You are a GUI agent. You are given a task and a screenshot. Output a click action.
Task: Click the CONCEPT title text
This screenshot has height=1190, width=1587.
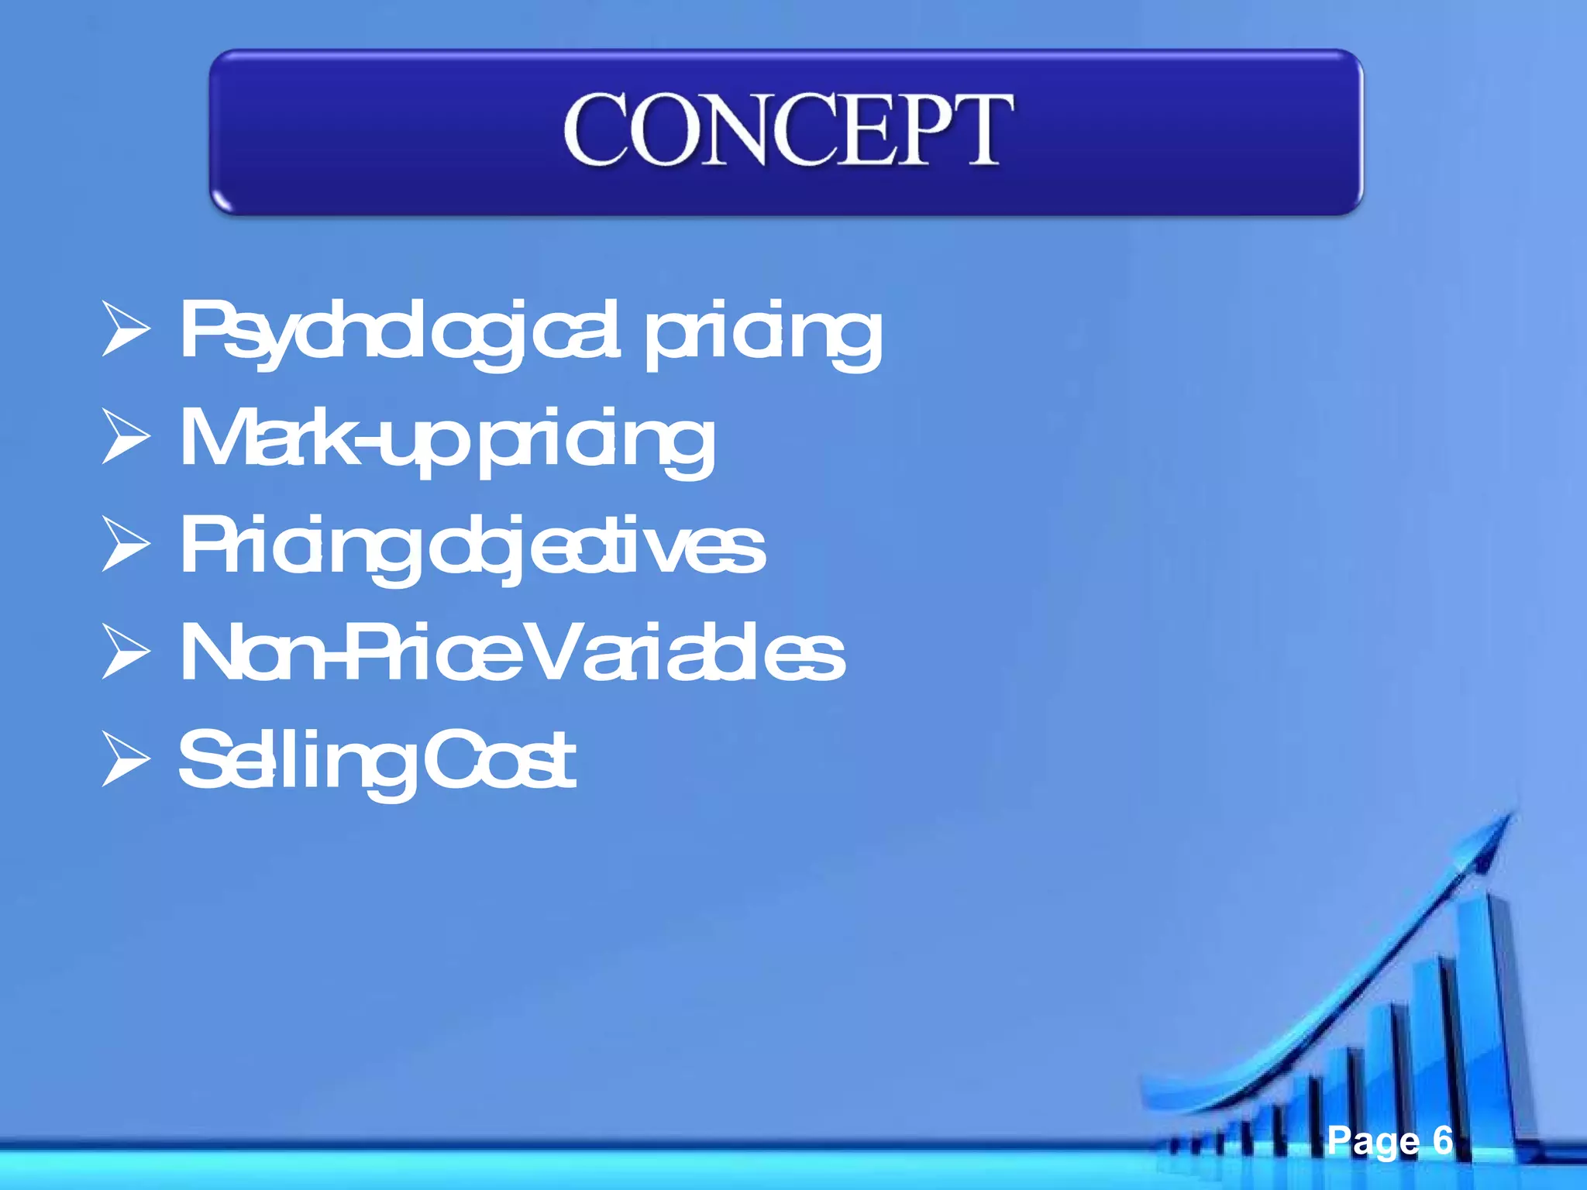click(787, 129)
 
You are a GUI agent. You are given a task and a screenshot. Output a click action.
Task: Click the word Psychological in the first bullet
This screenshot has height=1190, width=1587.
click(399, 332)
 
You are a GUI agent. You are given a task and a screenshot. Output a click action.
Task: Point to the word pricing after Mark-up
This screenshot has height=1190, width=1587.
click(597, 442)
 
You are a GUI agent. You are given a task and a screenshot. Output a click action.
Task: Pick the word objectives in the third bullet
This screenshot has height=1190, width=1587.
click(597, 548)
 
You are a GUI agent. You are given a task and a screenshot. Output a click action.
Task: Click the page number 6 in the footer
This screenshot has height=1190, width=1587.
click(1442, 1140)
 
